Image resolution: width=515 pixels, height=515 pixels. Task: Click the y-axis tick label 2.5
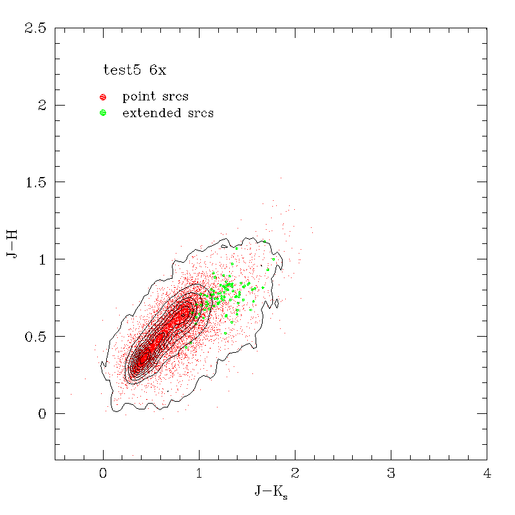point(35,28)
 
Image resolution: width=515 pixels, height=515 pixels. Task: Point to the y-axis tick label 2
point(42,106)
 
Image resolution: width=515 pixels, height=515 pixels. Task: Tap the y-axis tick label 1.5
point(35,182)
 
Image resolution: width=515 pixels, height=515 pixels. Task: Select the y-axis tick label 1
point(42,259)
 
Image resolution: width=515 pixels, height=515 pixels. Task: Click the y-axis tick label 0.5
point(35,337)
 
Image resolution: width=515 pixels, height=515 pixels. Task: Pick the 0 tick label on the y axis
point(42,413)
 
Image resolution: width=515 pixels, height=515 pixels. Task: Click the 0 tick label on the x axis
point(103,474)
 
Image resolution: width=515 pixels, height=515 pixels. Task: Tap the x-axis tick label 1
point(199,474)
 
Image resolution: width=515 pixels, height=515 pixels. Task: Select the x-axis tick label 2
point(295,474)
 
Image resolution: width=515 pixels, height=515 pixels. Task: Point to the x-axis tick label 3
point(391,474)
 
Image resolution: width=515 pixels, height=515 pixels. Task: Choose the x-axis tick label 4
point(487,474)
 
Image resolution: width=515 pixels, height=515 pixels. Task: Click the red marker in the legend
point(102,97)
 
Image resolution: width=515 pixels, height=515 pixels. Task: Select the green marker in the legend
point(102,113)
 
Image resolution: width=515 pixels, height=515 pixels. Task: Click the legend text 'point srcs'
point(155,97)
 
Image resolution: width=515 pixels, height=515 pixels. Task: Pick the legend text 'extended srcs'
point(167,113)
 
